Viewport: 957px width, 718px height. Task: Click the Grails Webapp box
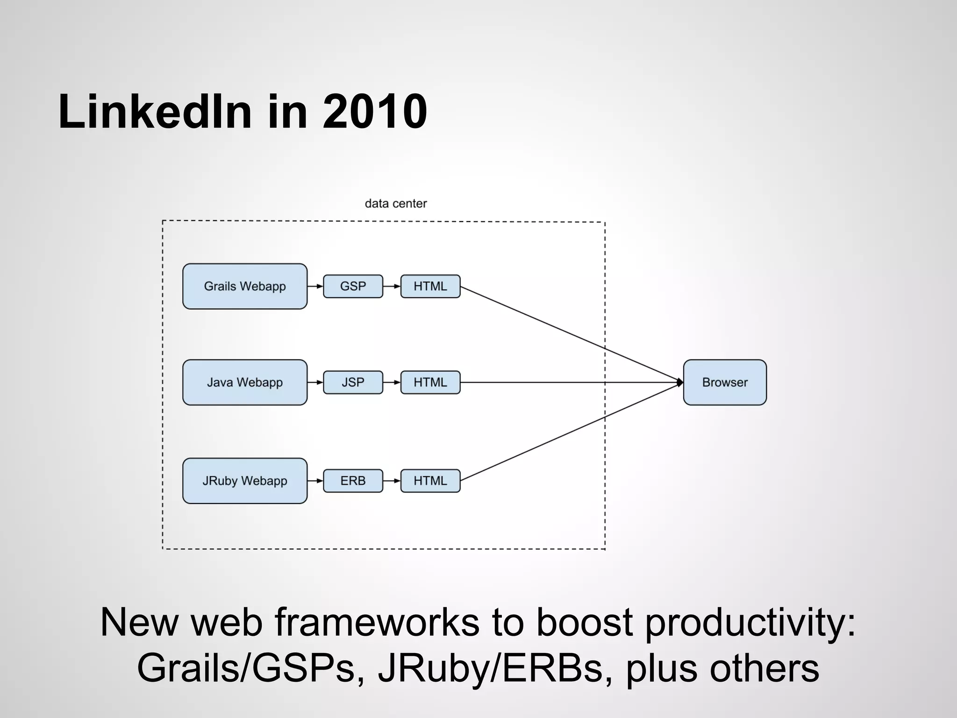[245, 286]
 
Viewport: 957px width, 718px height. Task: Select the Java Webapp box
[245, 382]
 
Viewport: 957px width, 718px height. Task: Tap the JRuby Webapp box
[245, 481]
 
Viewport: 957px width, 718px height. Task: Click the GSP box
[353, 286]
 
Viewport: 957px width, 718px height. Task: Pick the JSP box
[353, 382]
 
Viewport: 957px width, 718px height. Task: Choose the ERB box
[353, 481]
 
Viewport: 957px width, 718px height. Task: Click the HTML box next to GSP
[430, 286]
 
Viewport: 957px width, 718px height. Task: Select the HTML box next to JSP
[430, 382]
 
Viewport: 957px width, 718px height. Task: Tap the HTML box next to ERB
[430, 481]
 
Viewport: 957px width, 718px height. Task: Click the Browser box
[725, 382]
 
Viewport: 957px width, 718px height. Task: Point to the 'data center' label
[396, 204]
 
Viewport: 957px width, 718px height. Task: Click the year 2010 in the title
[374, 112]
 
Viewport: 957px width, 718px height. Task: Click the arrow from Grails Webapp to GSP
[315, 286]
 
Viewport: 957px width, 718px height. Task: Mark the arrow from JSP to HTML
[392, 382]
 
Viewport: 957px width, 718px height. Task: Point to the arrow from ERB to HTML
[392, 481]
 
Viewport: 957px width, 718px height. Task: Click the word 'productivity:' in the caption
[750, 623]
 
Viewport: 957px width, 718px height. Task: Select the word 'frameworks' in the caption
[377, 623]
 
